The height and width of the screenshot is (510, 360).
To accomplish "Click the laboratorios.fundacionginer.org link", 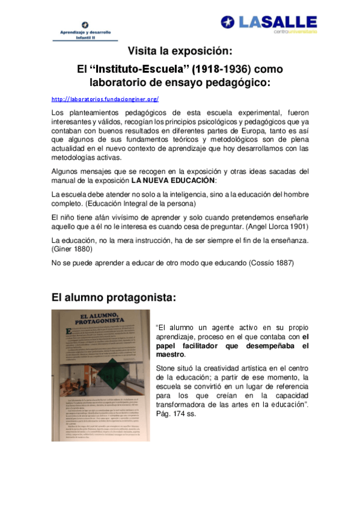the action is click(105, 99).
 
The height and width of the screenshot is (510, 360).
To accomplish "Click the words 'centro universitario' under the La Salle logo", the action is click(295, 32).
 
